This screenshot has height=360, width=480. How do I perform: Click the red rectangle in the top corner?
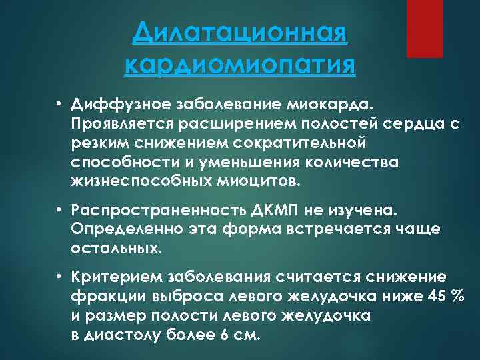click(x=425, y=28)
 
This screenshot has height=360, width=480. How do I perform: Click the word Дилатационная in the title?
click(x=240, y=33)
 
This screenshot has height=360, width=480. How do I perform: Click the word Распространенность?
click(x=145, y=211)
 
